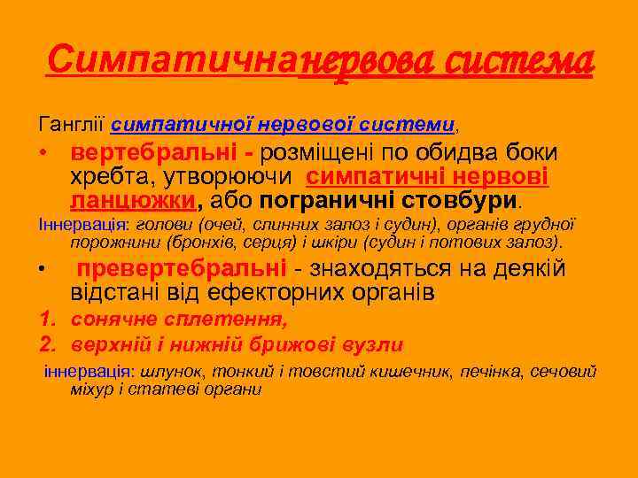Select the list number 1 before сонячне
tap(45, 320)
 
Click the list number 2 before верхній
tap(45, 344)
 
